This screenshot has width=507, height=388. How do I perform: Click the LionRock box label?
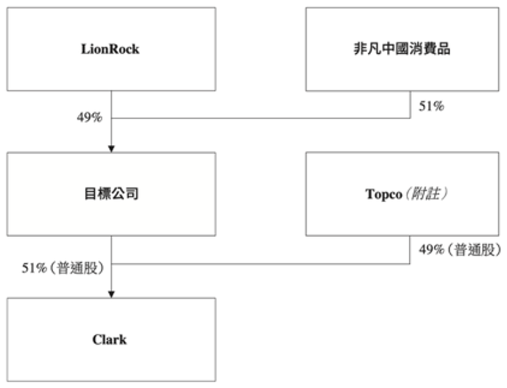tap(110, 49)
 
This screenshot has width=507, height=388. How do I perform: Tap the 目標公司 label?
tap(110, 194)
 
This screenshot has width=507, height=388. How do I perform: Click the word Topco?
tap(382, 194)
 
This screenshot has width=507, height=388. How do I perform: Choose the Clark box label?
tap(110, 340)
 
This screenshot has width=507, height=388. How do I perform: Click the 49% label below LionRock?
tap(89, 117)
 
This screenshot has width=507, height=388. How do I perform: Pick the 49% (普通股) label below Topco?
tap(460, 250)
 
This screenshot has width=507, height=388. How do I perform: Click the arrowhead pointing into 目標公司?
tap(111, 148)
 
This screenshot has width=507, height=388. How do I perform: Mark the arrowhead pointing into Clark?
tap(111, 294)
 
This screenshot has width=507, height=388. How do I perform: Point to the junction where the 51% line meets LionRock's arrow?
tap(111, 118)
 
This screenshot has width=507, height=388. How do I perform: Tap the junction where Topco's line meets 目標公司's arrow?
tap(111, 263)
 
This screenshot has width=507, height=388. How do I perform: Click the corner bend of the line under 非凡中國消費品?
tap(410, 118)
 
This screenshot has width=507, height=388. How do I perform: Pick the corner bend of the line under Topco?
tap(410, 263)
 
